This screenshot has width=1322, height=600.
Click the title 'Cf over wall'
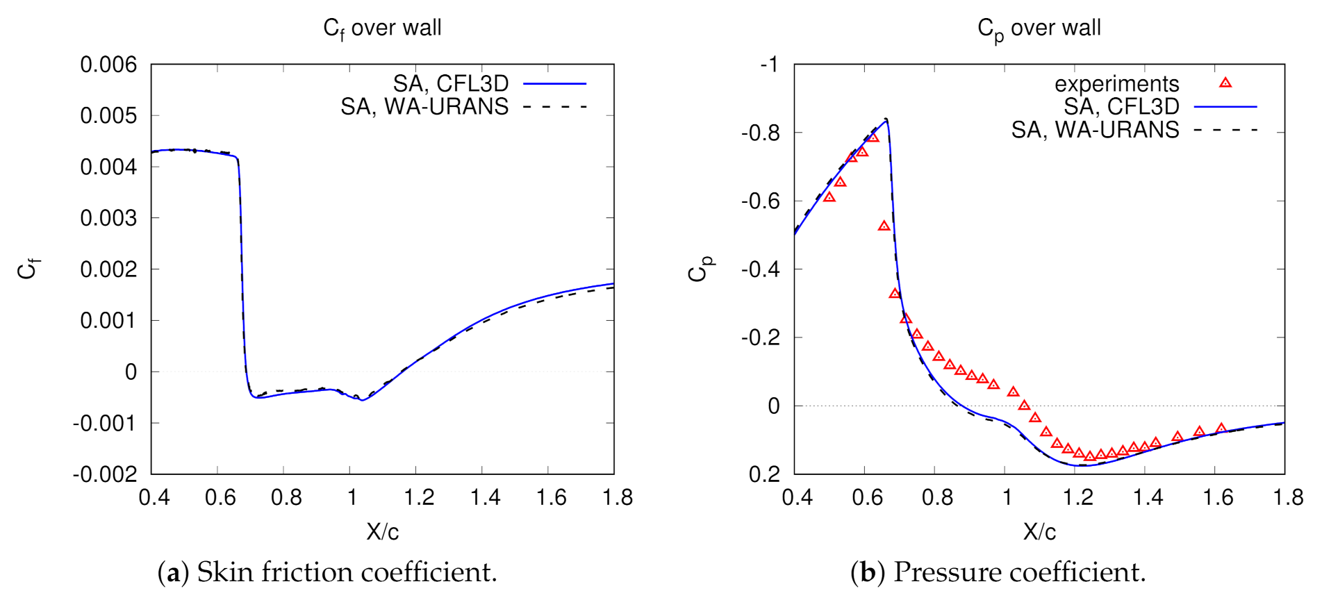(x=382, y=28)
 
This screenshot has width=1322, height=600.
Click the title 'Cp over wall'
(x=1039, y=28)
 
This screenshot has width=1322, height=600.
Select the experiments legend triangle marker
(x=1225, y=83)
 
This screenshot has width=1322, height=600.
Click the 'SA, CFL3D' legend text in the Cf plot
(x=450, y=83)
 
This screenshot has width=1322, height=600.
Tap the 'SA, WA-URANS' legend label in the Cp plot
(x=1095, y=130)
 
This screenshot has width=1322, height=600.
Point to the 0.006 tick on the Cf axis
(x=108, y=65)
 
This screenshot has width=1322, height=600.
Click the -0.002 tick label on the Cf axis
(x=105, y=474)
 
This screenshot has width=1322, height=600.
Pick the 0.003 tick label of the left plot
(x=108, y=218)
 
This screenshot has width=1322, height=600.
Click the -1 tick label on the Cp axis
(x=769, y=65)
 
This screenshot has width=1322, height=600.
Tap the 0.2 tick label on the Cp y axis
(x=765, y=474)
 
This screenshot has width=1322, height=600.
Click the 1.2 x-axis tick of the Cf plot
(x=419, y=497)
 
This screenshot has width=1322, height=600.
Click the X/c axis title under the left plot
(x=382, y=532)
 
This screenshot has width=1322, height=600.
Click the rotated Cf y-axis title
(x=28, y=269)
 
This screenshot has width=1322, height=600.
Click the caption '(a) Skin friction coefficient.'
(x=327, y=572)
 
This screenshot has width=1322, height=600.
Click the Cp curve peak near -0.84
(x=886, y=119)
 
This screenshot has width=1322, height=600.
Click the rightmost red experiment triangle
(x=1221, y=428)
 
